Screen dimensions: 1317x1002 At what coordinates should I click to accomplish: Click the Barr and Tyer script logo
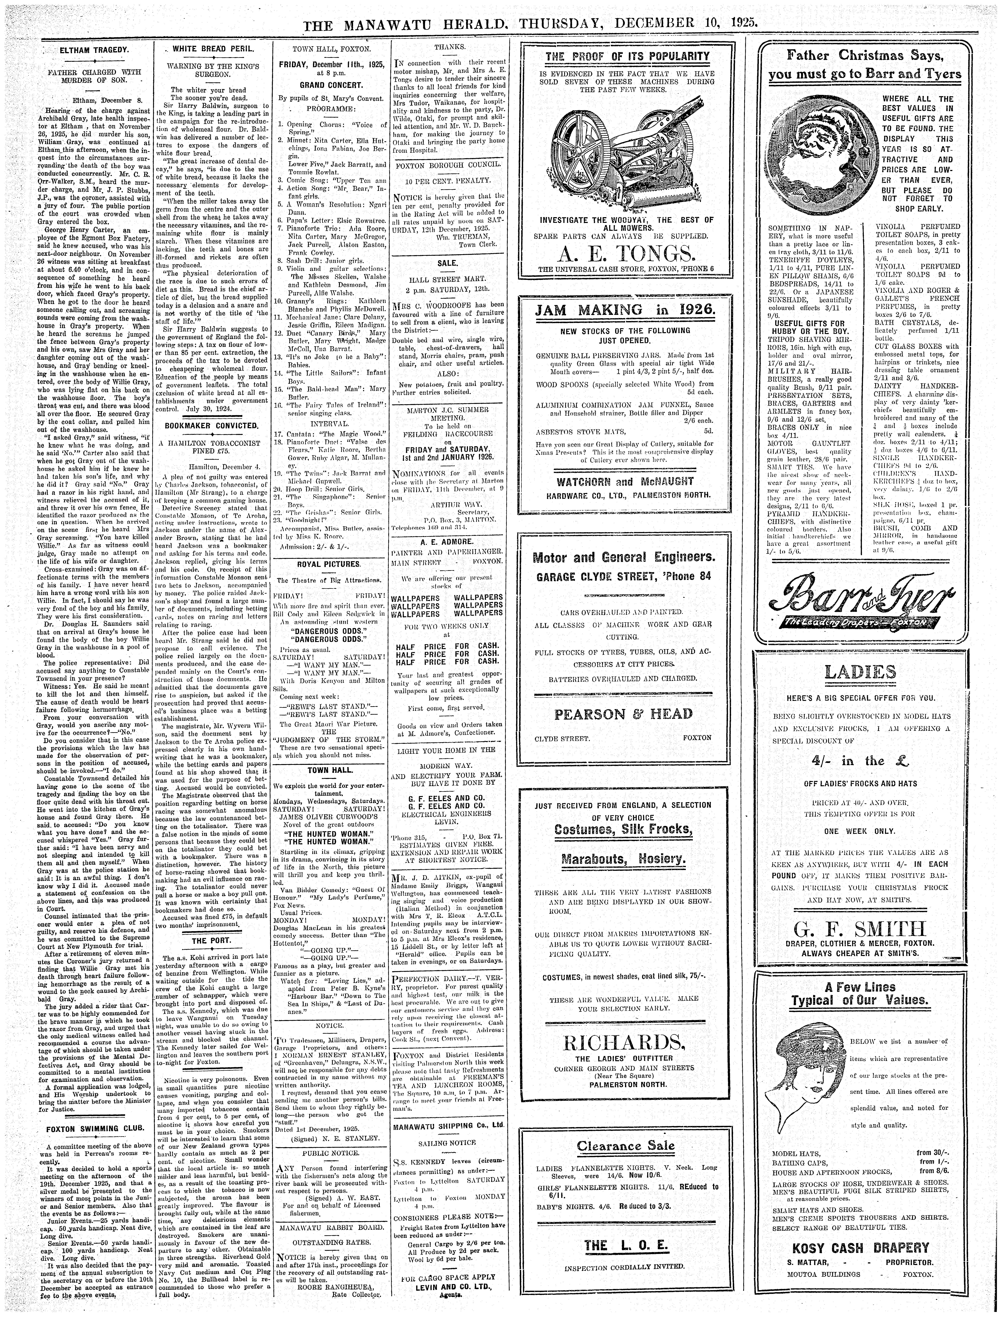click(863, 598)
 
